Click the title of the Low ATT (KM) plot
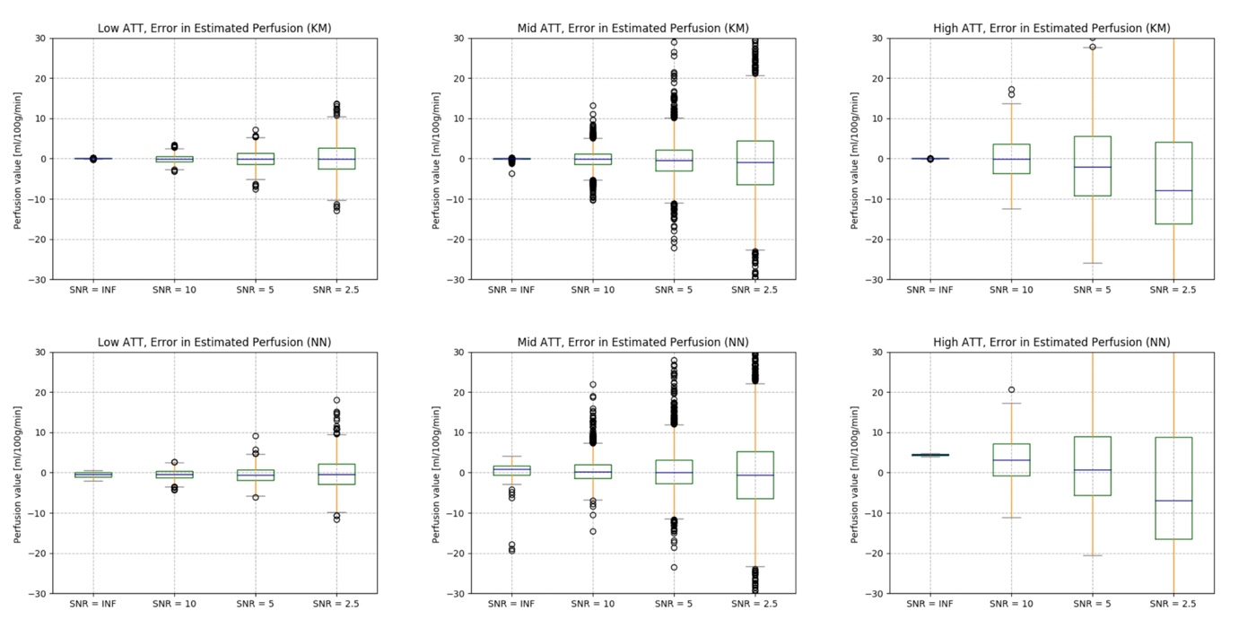(214, 28)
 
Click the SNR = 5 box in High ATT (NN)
(1093, 466)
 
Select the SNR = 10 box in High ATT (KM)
(1011, 159)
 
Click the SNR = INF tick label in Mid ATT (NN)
(511, 603)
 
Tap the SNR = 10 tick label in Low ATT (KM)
(174, 289)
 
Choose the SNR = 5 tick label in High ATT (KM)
(1093, 289)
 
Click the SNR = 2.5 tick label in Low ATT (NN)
(336, 603)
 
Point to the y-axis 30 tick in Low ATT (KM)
(40, 38)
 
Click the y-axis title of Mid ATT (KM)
(437, 159)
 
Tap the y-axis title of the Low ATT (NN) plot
(18, 473)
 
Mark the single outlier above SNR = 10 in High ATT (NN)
(1011, 389)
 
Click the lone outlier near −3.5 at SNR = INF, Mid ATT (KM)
(511, 173)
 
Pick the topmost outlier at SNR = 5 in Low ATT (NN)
(256, 436)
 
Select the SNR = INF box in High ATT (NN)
(930, 455)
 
